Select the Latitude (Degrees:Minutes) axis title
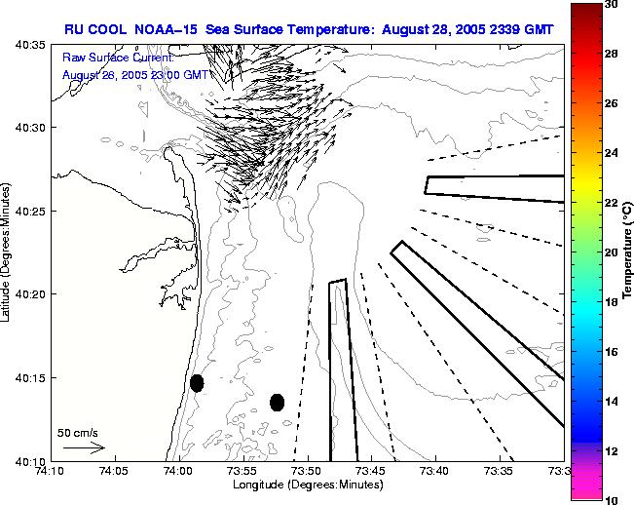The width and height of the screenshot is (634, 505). click(x=8, y=252)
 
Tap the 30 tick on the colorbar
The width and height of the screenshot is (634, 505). click(x=610, y=4)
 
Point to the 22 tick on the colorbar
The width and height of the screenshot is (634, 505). click(x=610, y=203)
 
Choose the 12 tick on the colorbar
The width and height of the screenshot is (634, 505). click(x=610, y=451)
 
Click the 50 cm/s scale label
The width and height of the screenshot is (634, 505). click(x=77, y=432)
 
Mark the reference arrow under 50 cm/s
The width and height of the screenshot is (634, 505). click(x=84, y=447)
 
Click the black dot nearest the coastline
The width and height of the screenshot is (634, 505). click(x=197, y=383)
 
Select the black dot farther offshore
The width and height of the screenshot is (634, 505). click(x=277, y=402)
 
